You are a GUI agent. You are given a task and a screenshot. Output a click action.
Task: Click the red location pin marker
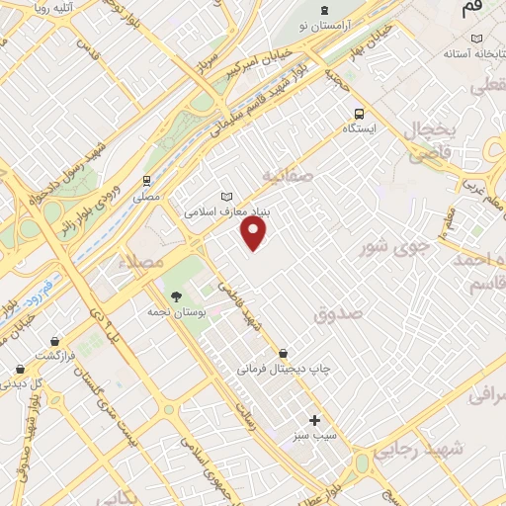255,233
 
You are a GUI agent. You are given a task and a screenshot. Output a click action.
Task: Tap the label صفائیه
287,175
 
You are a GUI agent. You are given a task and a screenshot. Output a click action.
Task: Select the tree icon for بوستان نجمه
176,295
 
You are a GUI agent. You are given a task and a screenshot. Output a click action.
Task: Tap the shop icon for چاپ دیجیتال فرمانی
284,353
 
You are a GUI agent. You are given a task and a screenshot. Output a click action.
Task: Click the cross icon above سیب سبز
315,420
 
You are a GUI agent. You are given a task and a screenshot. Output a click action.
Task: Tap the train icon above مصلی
147,181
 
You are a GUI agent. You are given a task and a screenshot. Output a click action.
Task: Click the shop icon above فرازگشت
50,340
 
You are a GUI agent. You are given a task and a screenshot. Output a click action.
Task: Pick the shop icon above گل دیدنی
21,368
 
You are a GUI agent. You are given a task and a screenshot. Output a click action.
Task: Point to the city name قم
473,9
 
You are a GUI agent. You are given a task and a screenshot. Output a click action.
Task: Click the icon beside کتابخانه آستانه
477,39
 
